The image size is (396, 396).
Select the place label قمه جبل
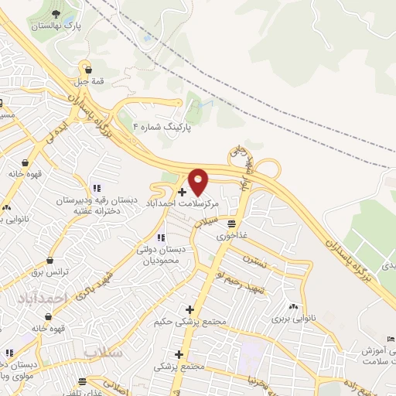87,78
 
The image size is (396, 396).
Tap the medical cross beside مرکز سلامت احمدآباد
182,192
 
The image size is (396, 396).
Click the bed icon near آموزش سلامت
391,340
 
